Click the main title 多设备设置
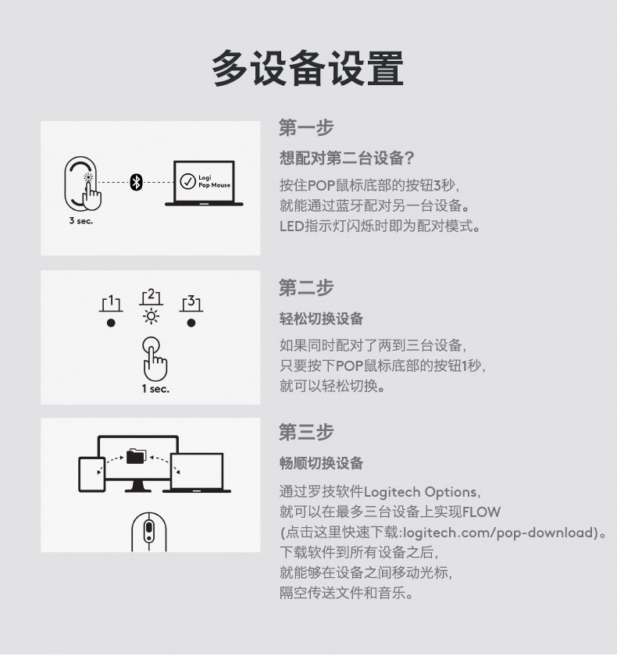[x=308, y=68]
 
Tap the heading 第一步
[x=306, y=127]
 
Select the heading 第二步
[x=306, y=288]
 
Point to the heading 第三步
[x=306, y=432]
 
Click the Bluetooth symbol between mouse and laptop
[x=136, y=182]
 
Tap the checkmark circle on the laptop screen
[x=187, y=181]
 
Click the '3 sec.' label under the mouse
[x=80, y=221]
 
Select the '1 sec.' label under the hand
[x=155, y=389]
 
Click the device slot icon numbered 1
[x=111, y=304]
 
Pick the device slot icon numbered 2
[x=151, y=297]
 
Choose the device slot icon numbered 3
[x=191, y=304]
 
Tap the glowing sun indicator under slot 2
[x=151, y=316]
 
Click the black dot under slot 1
[x=111, y=323]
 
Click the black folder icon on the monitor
[x=137, y=456]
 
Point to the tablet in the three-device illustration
[x=91, y=475]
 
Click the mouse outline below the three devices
[x=149, y=532]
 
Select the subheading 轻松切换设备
[x=321, y=319]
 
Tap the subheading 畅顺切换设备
[x=321, y=463]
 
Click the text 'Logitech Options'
[x=420, y=492]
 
